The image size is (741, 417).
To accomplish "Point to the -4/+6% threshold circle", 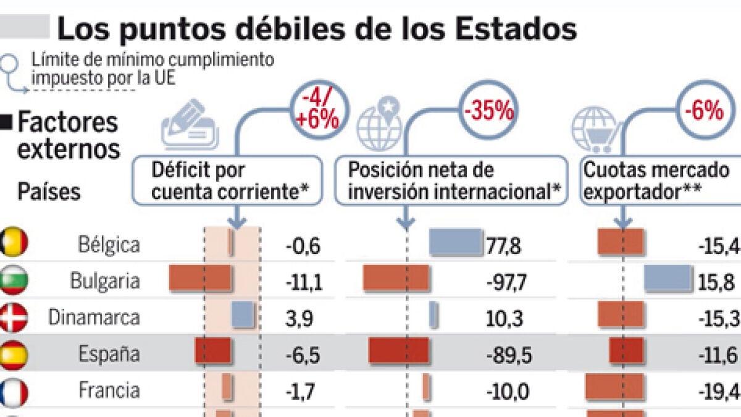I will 319,111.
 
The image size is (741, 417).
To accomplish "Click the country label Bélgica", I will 109,245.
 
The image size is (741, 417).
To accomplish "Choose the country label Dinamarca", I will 94,318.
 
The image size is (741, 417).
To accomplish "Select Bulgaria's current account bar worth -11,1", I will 200,278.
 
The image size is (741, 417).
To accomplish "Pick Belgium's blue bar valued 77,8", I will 455,242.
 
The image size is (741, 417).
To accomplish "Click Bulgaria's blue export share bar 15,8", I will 668,278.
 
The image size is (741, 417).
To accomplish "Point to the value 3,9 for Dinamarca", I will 299,318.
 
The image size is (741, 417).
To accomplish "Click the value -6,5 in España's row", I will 303,355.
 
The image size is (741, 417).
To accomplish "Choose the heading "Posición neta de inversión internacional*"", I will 451,180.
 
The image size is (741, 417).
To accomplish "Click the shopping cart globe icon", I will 593,130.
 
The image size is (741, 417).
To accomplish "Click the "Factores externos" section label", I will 67,136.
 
